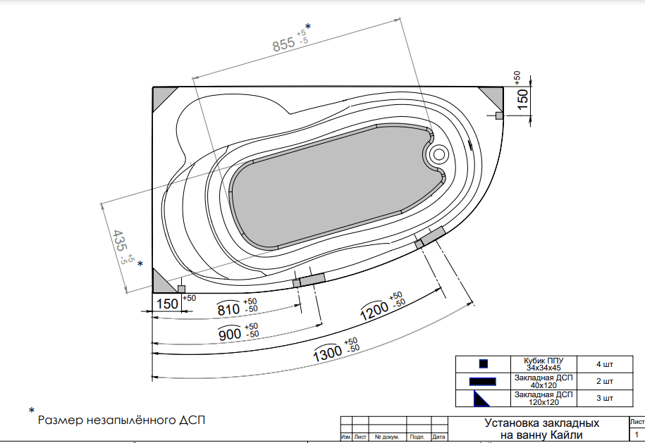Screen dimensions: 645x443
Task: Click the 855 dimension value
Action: pos(284,44)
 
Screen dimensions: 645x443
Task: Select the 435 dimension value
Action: pos(120,241)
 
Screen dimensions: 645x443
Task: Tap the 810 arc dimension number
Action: pos(228,309)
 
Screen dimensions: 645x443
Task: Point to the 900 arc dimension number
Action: pos(230,333)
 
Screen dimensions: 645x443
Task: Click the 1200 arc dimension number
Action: pos(374,311)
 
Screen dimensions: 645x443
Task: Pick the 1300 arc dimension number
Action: pos(328,354)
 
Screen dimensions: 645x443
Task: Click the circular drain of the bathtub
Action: pos(439,154)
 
